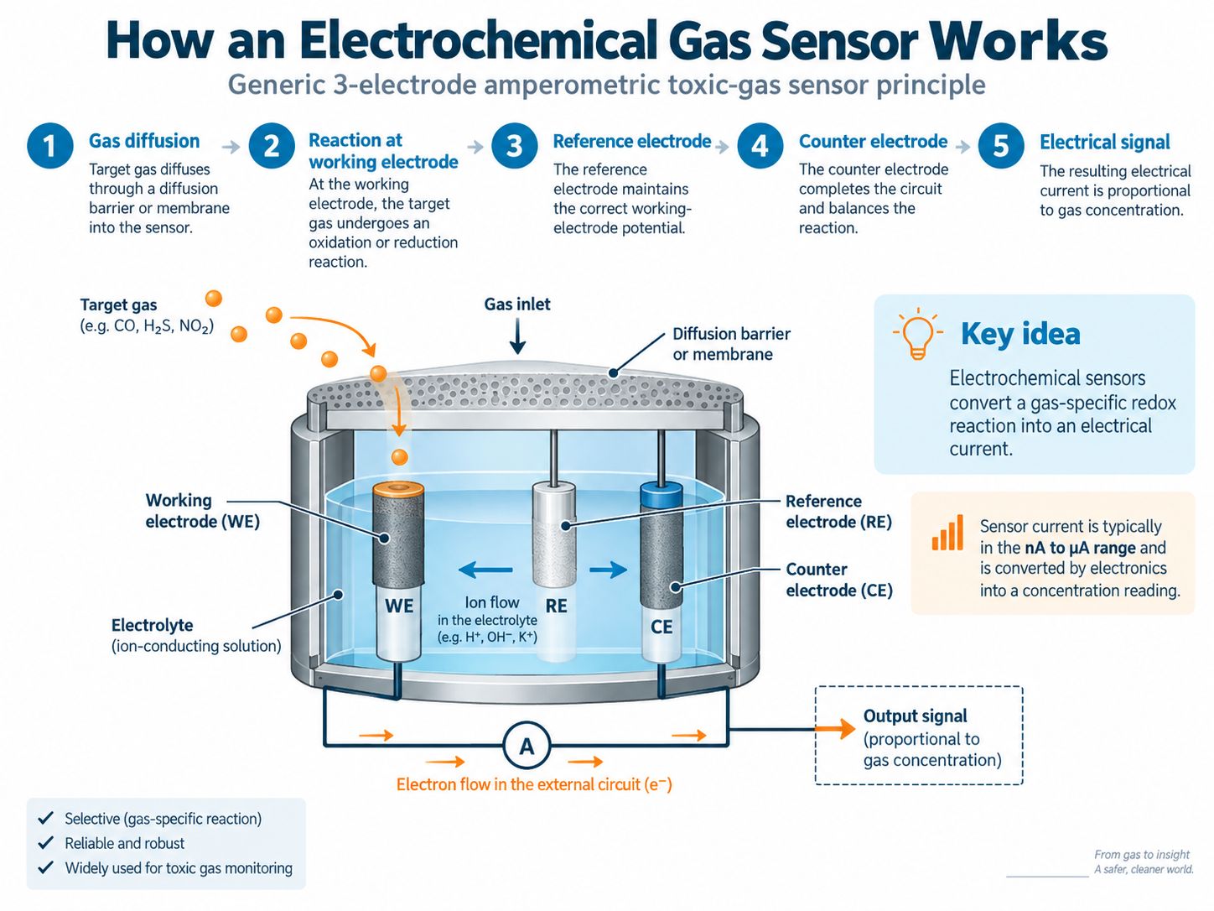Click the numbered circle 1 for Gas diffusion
pyautogui.click(x=49, y=146)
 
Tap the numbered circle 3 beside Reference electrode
pyautogui.click(x=515, y=146)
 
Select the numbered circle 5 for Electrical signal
pyautogui.click(x=1000, y=147)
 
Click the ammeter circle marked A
pyautogui.click(x=527, y=747)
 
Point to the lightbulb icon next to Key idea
pyautogui.click(x=917, y=334)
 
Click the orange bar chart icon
pyautogui.click(x=947, y=533)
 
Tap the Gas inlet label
pyautogui.click(x=517, y=305)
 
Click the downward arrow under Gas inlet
pyautogui.click(x=517, y=336)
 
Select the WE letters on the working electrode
pyautogui.click(x=399, y=606)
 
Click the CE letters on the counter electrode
pyautogui.click(x=661, y=627)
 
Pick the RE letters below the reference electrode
pyautogui.click(x=556, y=606)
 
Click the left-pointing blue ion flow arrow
pyautogui.click(x=485, y=570)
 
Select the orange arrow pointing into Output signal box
pyautogui.click(x=836, y=728)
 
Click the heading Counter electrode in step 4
pyautogui.click(x=873, y=142)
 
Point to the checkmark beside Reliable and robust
pyautogui.click(x=45, y=842)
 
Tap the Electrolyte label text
pyautogui.click(x=152, y=625)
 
